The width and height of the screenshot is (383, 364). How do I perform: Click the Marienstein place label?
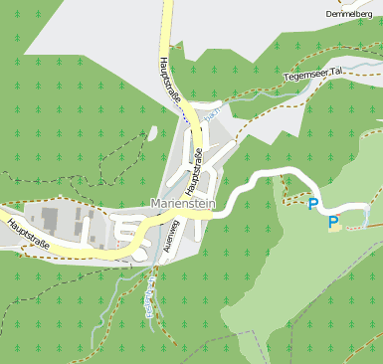tap(183, 203)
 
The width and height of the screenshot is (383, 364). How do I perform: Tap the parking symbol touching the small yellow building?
tap(334, 222)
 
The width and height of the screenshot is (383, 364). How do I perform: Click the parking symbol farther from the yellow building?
tap(313, 204)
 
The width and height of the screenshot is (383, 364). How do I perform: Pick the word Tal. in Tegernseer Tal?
tap(335, 73)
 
